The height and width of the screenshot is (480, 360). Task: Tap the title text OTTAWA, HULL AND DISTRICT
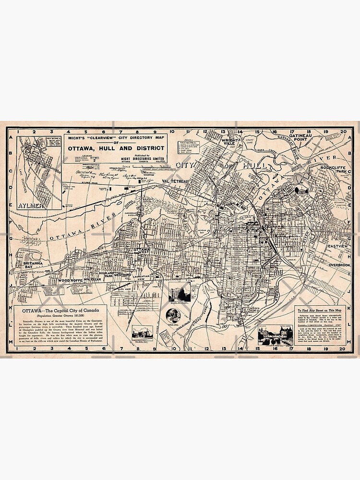coord(118,148)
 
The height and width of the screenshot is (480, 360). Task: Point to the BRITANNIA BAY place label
coord(28,265)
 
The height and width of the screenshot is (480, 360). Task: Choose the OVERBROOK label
coord(340,265)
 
